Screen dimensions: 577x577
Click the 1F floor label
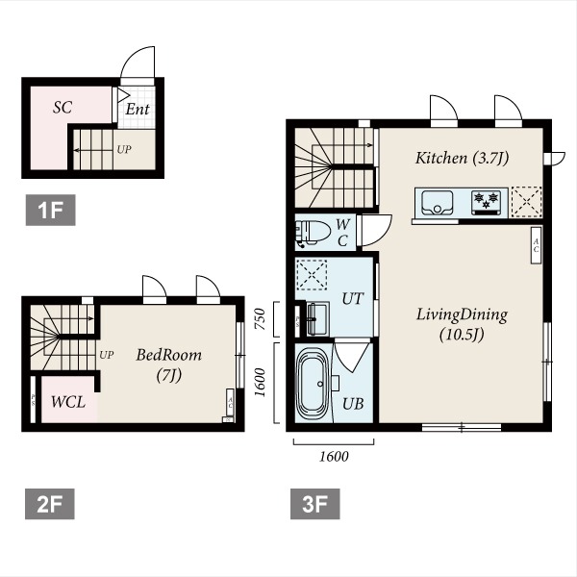[50, 210]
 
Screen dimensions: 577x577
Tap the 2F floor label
[50, 504]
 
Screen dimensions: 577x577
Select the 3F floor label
[315, 504]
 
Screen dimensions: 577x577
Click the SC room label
[63, 108]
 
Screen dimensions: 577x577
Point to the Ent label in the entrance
[138, 109]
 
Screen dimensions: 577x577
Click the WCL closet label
[68, 402]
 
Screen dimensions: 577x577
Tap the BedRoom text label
[169, 355]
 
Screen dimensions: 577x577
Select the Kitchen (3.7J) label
[463, 159]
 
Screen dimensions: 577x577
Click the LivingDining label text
[462, 315]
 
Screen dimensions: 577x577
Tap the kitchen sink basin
[438, 202]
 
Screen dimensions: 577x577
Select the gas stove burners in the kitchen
[486, 202]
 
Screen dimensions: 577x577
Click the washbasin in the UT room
[317, 318]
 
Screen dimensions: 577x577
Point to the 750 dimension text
[260, 319]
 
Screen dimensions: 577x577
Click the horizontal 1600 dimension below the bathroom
[334, 456]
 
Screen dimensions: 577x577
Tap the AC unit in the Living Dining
[536, 245]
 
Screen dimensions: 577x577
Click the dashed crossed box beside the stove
[527, 202]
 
